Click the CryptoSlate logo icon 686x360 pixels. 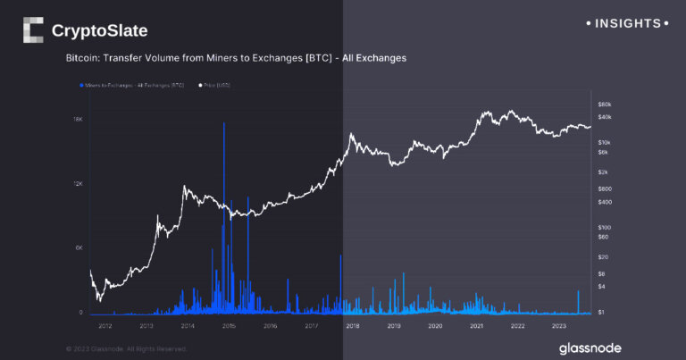(33, 30)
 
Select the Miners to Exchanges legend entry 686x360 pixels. (130, 85)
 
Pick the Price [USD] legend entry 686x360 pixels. (206, 85)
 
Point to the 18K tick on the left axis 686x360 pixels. (78, 119)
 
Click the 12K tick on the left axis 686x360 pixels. (78, 183)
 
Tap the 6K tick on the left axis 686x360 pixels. (79, 247)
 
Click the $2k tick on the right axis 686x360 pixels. (603, 172)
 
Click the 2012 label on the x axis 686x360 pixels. (105, 326)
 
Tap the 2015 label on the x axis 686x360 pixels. (229, 326)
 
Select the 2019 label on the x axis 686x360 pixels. (394, 326)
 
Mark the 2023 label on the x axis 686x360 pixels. (559, 326)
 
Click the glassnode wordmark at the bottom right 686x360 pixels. (590, 347)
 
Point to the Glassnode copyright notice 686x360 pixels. (126, 347)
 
